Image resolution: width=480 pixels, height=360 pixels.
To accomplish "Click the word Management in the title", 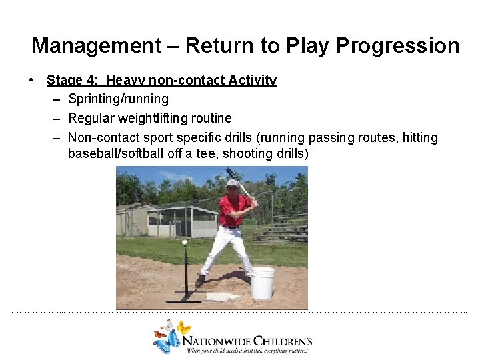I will tap(96, 46).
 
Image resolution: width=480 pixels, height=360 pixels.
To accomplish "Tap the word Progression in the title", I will tap(397, 46).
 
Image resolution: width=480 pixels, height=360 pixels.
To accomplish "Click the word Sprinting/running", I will tap(118, 99).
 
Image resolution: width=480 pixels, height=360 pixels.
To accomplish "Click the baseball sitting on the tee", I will tap(185, 243).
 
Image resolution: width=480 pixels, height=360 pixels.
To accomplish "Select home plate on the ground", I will tap(222, 296).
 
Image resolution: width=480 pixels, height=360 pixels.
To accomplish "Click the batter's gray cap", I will tap(232, 183).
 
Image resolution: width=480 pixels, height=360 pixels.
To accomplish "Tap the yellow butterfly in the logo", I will tap(184, 327).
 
